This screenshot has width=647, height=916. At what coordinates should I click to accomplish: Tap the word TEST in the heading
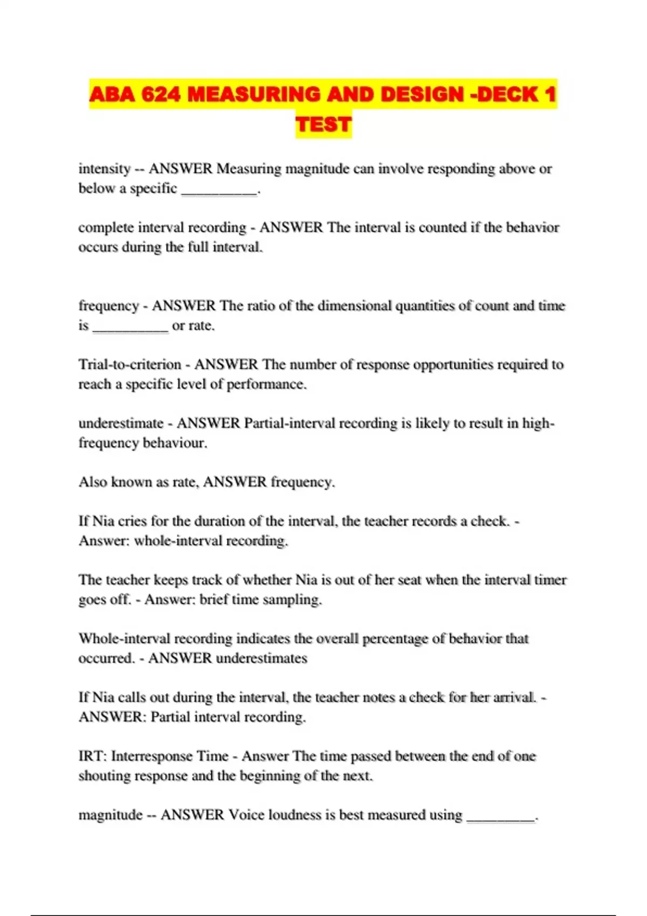coord(323,124)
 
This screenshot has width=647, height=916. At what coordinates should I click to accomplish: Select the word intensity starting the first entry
coord(105,169)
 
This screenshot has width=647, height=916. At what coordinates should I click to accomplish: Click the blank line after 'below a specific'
coord(219,190)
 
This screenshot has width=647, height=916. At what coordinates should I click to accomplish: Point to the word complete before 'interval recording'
coord(106,227)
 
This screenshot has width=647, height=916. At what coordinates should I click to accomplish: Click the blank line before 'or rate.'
coord(130,327)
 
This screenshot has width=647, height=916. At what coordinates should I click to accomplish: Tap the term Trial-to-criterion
coord(130,364)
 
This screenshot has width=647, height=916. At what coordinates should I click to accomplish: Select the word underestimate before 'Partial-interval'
coord(121,423)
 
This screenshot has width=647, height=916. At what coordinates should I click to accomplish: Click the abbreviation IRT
coord(92,756)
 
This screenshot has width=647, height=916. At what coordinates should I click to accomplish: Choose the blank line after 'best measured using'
coord(501,817)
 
